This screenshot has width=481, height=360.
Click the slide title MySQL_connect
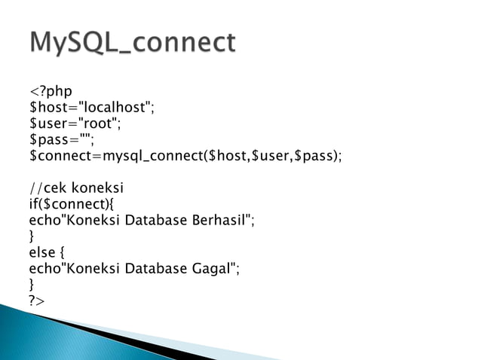pyautogui.click(x=133, y=42)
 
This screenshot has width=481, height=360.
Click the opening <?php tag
pyautogui.click(x=51, y=92)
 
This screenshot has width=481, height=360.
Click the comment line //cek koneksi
pyautogui.click(x=75, y=188)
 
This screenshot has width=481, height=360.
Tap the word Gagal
pyautogui.click(x=211, y=267)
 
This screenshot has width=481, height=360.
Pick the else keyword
pyautogui.click(x=41, y=252)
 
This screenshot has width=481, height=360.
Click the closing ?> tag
pyautogui.click(x=37, y=300)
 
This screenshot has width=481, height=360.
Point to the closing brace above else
pyautogui.click(x=31, y=236)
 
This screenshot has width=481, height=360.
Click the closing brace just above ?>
pyautogui.click(x=31, y=284)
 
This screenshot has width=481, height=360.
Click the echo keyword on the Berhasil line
pyautogui.click(x=42, y=220)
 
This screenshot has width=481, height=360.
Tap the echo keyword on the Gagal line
pyautogui.click(x=42, y=267)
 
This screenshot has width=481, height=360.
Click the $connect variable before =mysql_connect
pyautogui.click(x=60, y=156)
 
